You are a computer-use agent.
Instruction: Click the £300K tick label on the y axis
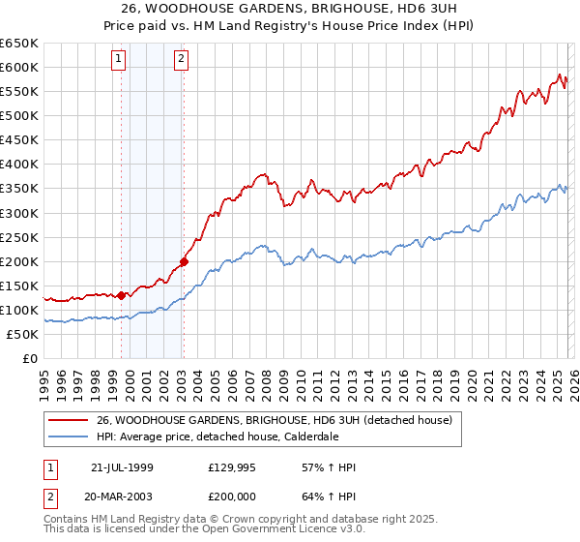19,213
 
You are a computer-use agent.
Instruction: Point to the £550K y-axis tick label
19,92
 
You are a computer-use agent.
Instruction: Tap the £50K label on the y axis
22,334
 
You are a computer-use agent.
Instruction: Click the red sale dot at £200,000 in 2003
184,261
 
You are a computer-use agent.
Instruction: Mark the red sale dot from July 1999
122,295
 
